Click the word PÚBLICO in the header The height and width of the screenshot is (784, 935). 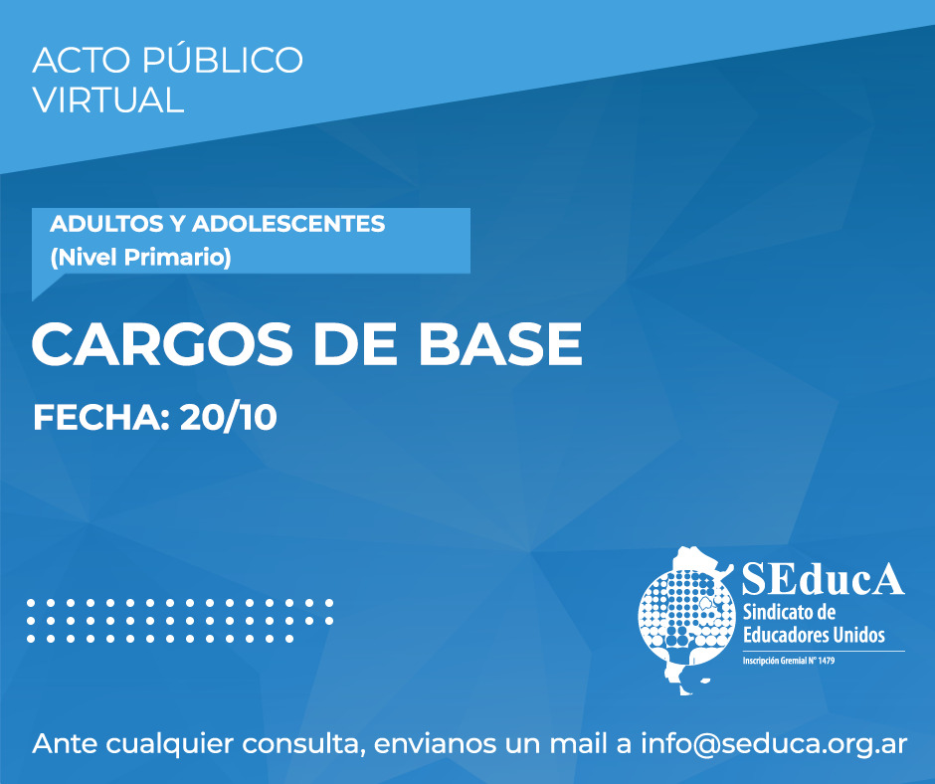[223, 60]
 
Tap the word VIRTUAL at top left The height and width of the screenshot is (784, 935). [108, 99]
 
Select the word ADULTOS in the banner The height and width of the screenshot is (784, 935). [97, 224]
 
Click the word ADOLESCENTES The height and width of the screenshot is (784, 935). [288, 224]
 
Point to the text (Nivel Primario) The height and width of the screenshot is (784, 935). [140, 257]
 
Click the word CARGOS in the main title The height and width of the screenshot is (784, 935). [162, 344]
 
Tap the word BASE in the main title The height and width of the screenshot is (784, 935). [500, 344]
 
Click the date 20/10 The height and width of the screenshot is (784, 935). [229, 417]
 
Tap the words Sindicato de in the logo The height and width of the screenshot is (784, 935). [789, 612]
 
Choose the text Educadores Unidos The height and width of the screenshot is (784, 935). [814, 634]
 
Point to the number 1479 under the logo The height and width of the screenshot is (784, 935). [826, 661]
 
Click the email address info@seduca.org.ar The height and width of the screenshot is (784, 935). [774, 744]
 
